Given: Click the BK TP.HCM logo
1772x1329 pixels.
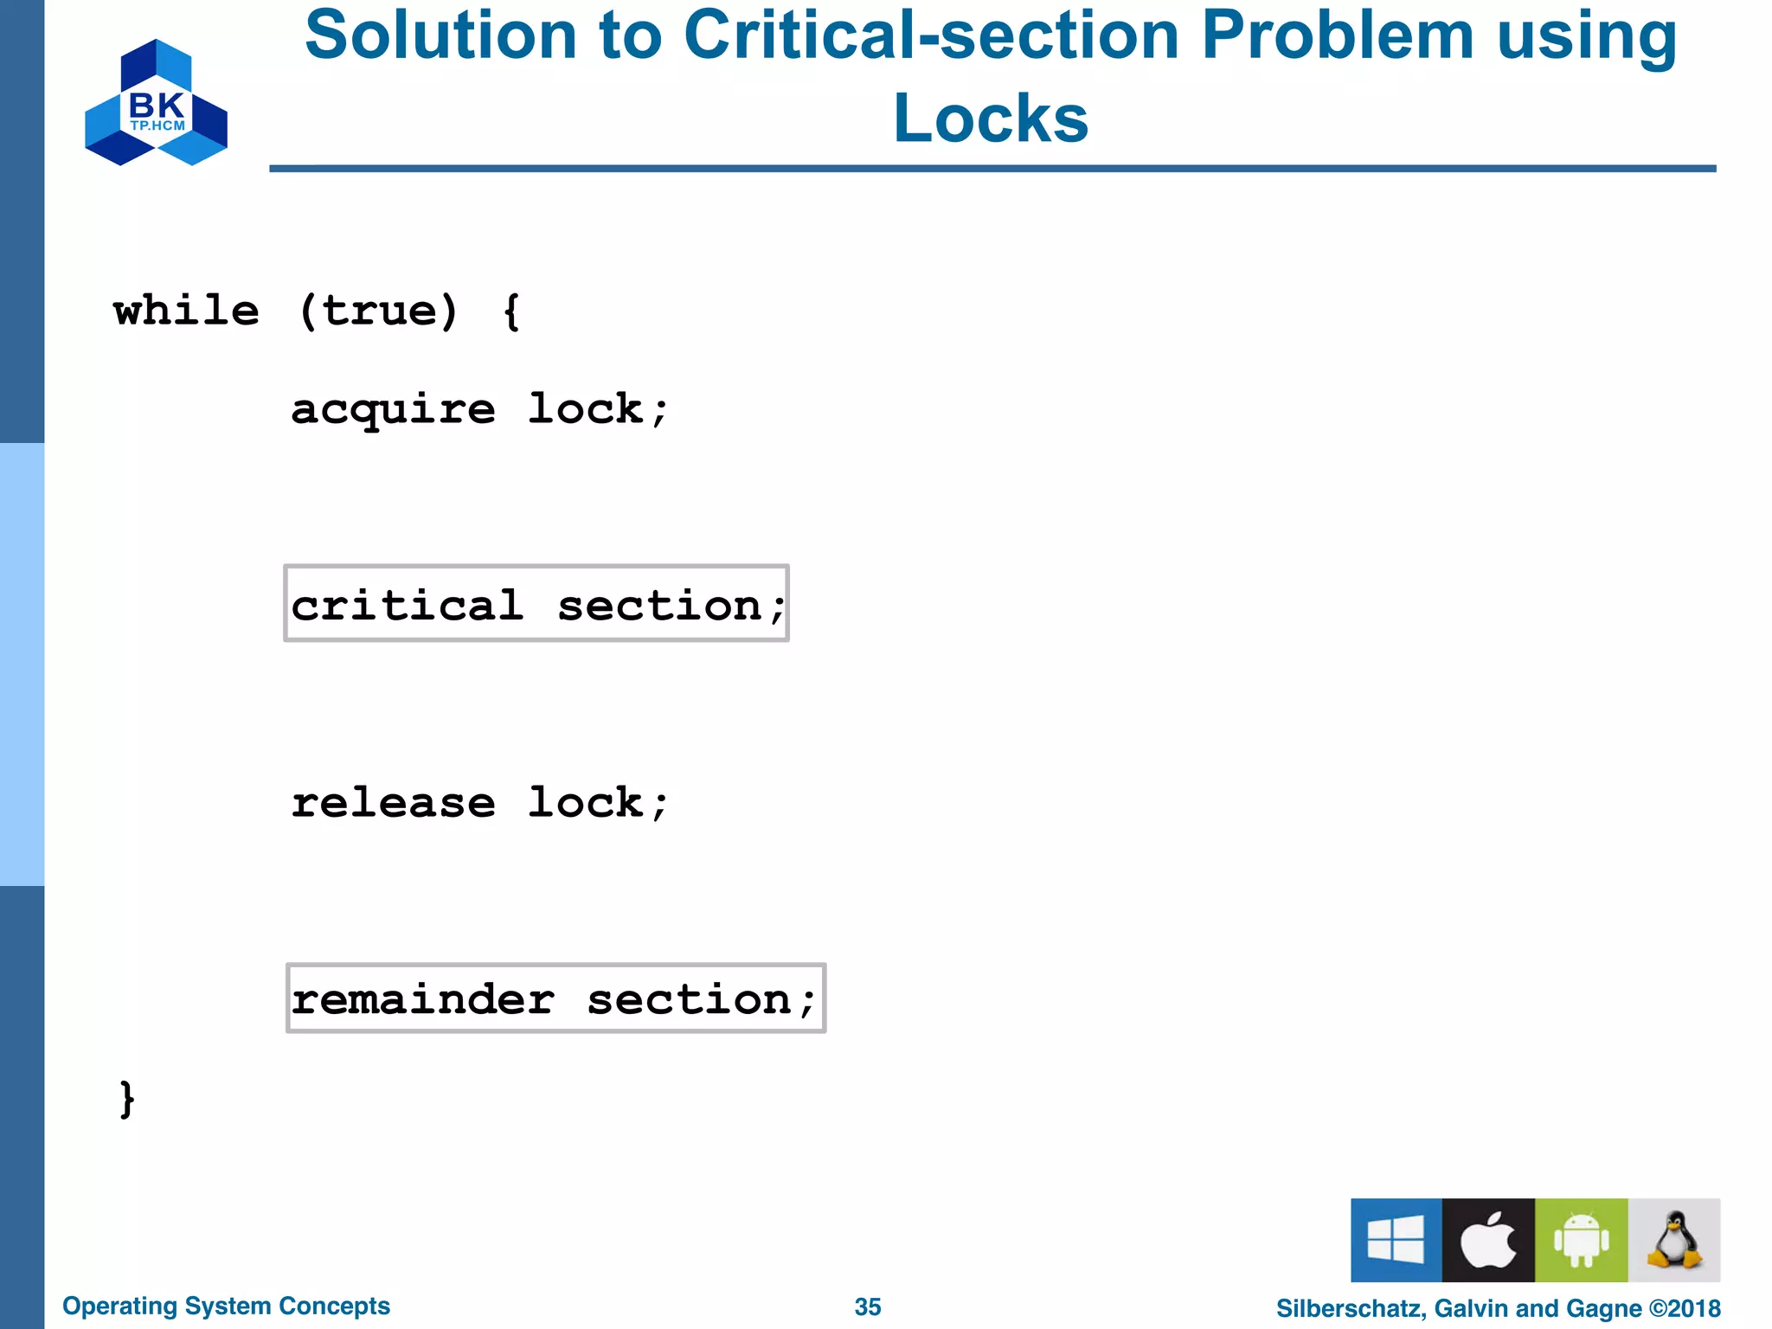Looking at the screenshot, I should pyautogui.click(x=156, y=103).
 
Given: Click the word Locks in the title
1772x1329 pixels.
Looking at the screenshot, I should pyautogui.click(x=991, y=119).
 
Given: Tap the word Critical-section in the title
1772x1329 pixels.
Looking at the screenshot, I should pyautogui.click(x=932, y=36).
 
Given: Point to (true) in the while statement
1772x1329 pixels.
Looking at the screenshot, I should pyautogui.click(x=378, y=311).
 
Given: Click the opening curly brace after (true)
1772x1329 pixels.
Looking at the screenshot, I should pyautogui.click(x=511, y=311).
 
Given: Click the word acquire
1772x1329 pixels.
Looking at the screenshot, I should pyautogui.click(x=393, y=410).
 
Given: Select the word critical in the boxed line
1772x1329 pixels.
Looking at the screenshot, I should pyautogui.click(x=408, y=605).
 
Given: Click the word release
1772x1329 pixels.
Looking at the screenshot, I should pyautogui.click(x=393, y=803).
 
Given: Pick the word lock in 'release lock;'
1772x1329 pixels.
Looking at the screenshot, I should pyautogui.click(x=586, y=802).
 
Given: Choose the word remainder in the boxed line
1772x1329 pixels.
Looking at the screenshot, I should pyautogui.click(x=422, y=1000).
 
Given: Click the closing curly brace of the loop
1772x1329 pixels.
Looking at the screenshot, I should pyautogui.click(x=127, y=1099).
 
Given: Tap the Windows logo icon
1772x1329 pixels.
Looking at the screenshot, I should pyautogui.click(x=1396, y=1240).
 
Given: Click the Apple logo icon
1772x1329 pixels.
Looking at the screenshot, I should pyautogui.click(x=1488, y=1240).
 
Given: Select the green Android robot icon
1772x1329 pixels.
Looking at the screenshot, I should pyautogui.click(x=1581, y=1240).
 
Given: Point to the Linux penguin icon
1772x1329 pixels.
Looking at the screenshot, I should pyautogui.click(x=1674, y=1240).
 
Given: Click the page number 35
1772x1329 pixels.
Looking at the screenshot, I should pyautogui.click(x=867, y=1307).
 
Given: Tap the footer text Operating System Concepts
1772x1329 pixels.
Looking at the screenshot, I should pyautogui.click(x=226, y=1306).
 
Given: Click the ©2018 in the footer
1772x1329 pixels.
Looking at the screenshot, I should pyautogui.click(x=1685, y=1308).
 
